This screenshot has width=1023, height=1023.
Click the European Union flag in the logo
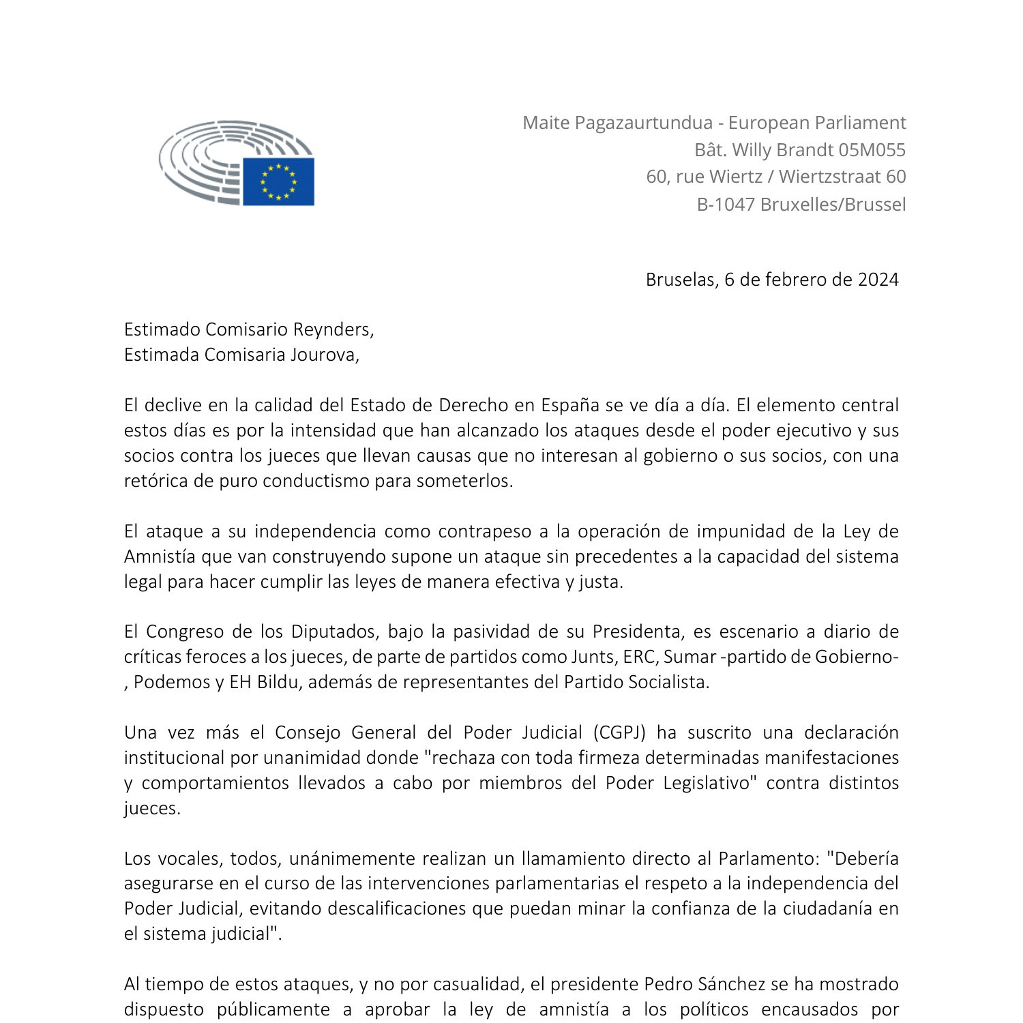coord(278,181)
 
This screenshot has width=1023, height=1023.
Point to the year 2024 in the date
coord(878,280)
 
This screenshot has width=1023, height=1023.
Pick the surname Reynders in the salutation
coord(333,329)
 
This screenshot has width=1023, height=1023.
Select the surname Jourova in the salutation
coord(325,355)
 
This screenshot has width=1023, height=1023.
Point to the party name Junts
coord(595,657)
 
